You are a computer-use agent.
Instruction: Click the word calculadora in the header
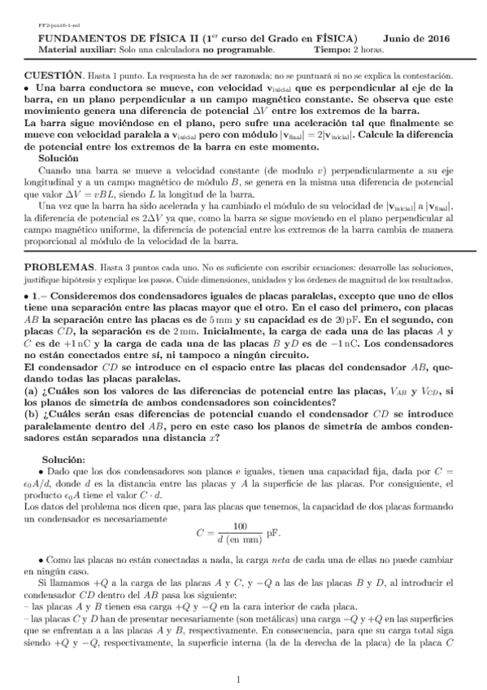[162, 50]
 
